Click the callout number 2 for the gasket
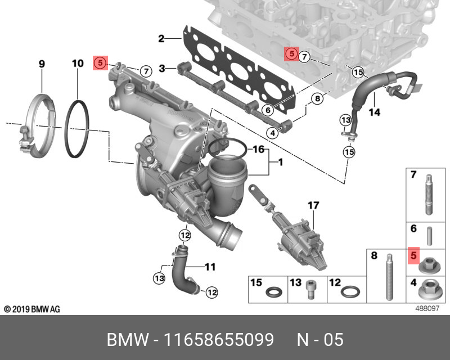pos(161,38)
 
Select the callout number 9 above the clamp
pos(42,64)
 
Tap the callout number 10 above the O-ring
pos(78,64)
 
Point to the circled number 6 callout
pos(268,110)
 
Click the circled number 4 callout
pos(272,133)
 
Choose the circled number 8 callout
pos(317,99)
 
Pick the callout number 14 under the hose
pos(375,112)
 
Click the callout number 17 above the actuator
pos(313,205)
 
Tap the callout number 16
pos(259,149)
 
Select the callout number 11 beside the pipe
pos(210,267)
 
